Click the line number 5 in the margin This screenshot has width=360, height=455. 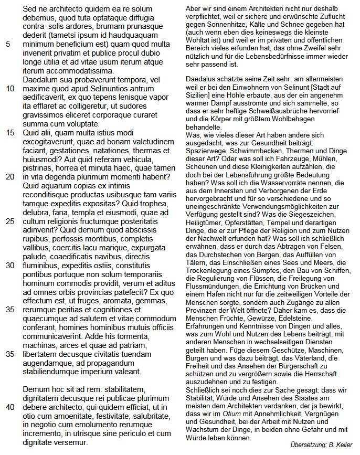[8, 44]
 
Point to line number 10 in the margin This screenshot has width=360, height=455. [10, 89]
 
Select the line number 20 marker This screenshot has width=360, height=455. [10, 177]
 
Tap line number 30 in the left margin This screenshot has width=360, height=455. [10, 266]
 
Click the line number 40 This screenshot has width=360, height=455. [10, 407]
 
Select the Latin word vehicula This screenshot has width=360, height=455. [158, 159]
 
